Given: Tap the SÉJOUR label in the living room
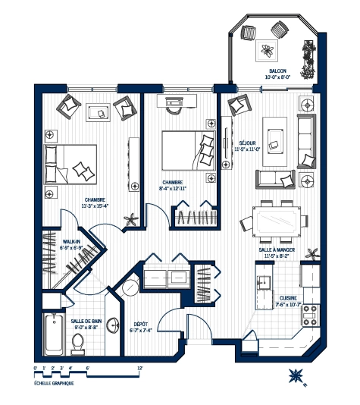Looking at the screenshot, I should [247, 143].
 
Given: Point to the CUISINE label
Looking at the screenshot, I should [289, 298].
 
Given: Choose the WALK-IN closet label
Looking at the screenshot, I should [71, 240].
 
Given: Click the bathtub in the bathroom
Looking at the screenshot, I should [52, 336].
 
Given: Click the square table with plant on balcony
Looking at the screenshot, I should [268, 51].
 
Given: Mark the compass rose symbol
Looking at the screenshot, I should [296, 375].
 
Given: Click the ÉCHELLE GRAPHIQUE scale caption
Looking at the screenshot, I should [54, 382].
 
